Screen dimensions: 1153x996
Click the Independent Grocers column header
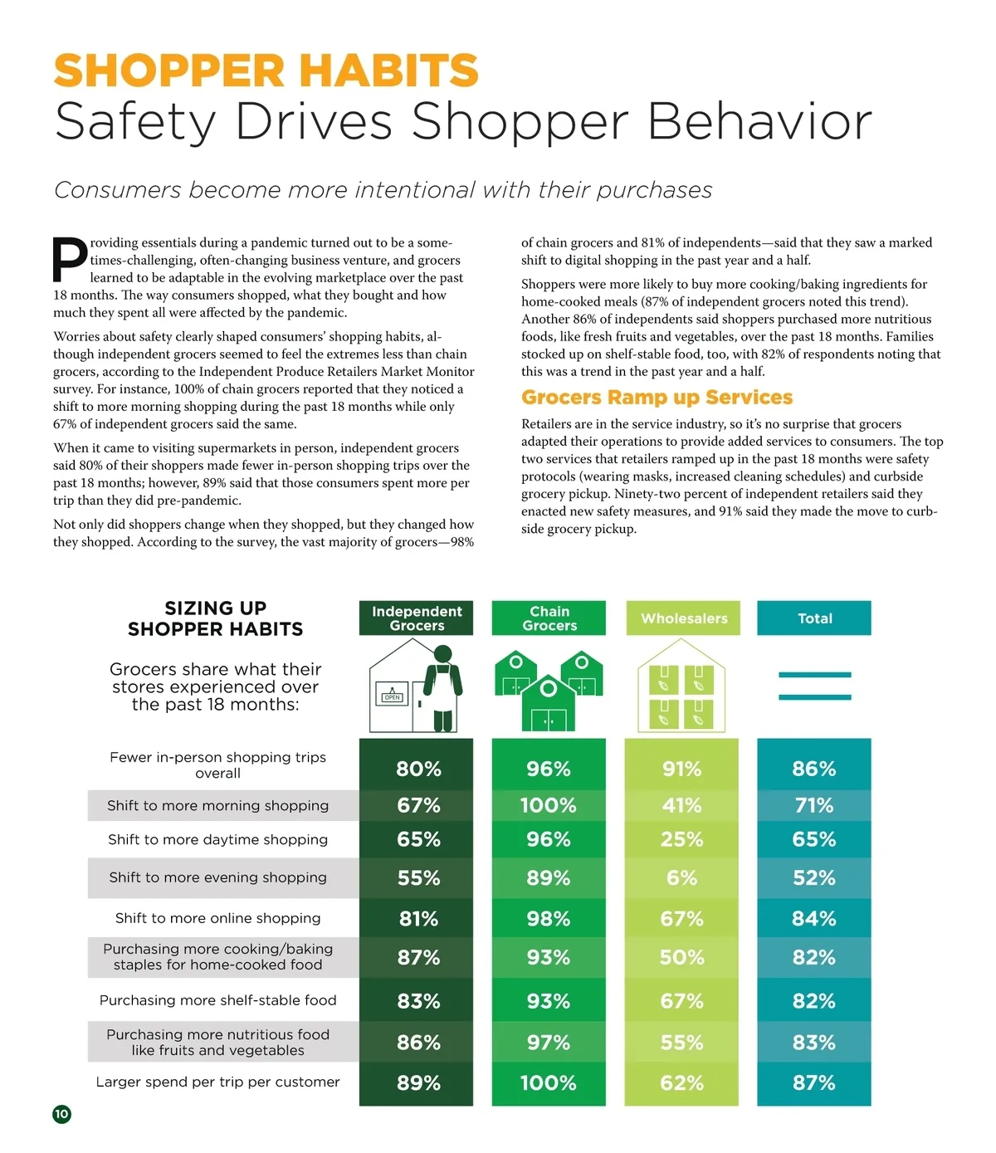coord(416,618)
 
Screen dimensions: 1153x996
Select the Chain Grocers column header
coord(549,618)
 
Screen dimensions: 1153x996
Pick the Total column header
coord(814,618)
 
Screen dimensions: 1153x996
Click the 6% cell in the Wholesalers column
coord(681,878)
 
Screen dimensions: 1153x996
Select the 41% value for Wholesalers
coord(681,805)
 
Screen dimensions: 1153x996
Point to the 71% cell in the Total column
coord(814,805)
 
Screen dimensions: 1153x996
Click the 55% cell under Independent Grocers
coord(417,878)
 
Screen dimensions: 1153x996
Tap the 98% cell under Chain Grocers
coord(549,919)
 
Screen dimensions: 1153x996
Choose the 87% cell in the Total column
coord(814,1083)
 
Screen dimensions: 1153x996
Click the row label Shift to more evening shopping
coord(217,877)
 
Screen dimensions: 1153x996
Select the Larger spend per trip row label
coord(217,1082)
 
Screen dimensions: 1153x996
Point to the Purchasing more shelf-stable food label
coord(217,1000)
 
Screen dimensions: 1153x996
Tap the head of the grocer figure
coord(442,653)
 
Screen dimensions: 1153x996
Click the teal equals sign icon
coord(814,686)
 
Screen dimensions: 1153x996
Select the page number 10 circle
coord(61,1114)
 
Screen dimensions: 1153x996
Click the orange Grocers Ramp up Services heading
coord(657,398)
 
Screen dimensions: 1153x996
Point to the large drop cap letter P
coord(70,259)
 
